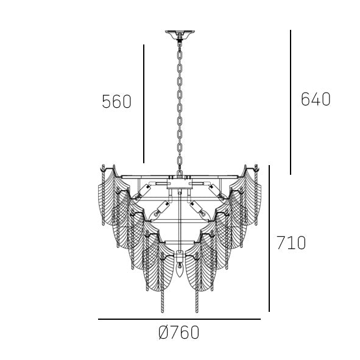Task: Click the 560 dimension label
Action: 116,102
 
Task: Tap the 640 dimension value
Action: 316,99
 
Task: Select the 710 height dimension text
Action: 291,243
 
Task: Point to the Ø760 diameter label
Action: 178,333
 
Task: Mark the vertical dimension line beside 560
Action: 144,104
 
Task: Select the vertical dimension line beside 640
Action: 291,102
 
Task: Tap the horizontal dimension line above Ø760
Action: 179,319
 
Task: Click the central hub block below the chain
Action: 180,182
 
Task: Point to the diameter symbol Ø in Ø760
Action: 163,333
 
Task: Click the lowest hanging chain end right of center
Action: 196,308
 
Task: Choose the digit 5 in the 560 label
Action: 107,102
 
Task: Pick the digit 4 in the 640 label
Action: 316,99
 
